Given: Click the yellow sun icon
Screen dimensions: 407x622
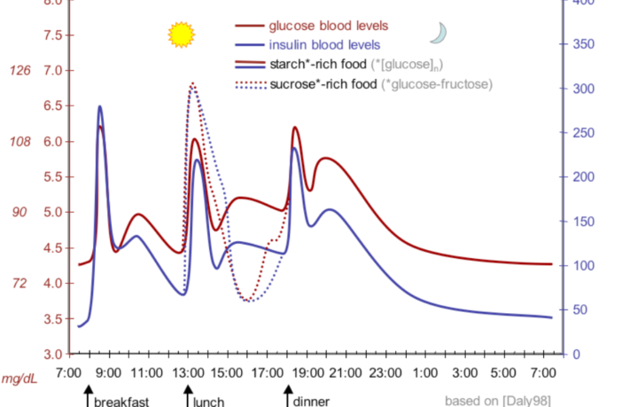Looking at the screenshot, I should pyautogui.click(x=181, y=35).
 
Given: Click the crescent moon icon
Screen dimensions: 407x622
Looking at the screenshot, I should pyautogui.click(x=438, y=33).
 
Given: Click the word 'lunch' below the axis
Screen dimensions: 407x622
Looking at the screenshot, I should pyautogui.click(x=209, y=402).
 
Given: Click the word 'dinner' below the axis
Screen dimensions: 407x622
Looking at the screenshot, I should pyautogui.click(x=311, y=402).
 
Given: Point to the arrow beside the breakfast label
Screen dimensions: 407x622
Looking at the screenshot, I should pyautogui.click(x=88, y=395).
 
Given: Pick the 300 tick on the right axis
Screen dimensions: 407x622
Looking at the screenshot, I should pyautogui.click(x=583, y=89).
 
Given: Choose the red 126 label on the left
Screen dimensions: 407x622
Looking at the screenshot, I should pyautogui.click(x=19, y=71).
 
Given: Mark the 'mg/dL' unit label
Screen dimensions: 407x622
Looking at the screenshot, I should pyautogui.click(x=18, y=380).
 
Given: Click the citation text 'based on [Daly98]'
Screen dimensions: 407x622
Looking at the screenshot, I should pyautogui.click(x=497, y=400).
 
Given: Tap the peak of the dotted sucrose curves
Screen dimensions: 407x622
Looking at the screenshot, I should pyautogui.click(x=192, y=83).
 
